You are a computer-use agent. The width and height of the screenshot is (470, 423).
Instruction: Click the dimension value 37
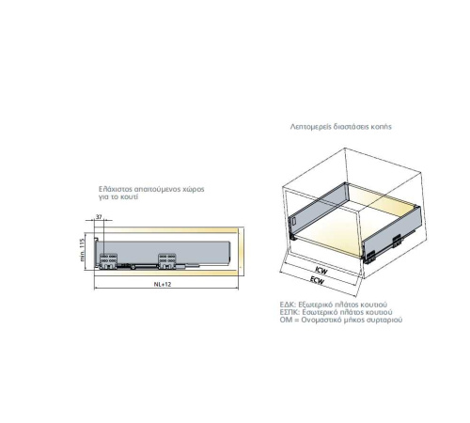pyautogui.click(x=99, y=217)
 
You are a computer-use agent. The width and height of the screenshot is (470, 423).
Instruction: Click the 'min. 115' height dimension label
pyautogui.click(x=82, y=250)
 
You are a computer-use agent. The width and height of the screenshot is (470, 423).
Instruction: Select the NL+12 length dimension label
pyautogui.click(x=163, y=284)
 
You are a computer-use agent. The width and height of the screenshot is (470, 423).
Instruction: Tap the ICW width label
pyautogui.click(x=321, y=271)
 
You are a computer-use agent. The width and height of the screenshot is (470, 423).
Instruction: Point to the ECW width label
pyautogui.click(x=317, y=280)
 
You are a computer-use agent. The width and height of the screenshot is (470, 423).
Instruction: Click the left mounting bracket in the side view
pyautogui.click(x=108, y=261)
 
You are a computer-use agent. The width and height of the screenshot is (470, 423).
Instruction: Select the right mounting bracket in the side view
pyautogui.click(x=167, y=261)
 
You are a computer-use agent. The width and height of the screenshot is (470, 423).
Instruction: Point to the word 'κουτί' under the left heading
pyautogui.click(x=129, y=197)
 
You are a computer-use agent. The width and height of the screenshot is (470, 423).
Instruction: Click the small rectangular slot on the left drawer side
pyautogui.click(x=294, y=221)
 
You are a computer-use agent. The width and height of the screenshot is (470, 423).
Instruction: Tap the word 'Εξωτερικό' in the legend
pyautogui.click(x=315, y=305)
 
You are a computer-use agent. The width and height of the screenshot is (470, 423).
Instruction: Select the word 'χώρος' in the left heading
pyautogui.click(x=195, y=190)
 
